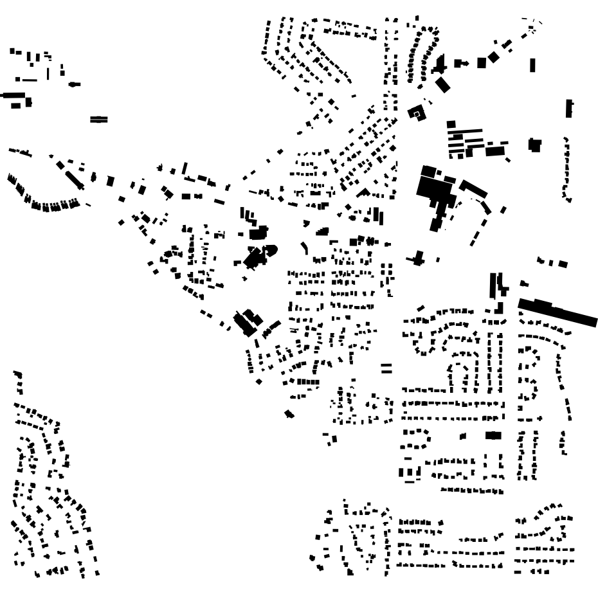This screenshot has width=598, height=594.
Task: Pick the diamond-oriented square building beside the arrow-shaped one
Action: tap(493, 57)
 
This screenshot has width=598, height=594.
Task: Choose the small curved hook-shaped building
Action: tap(305, 247)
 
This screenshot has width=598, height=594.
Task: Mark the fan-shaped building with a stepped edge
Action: tap(322, 231)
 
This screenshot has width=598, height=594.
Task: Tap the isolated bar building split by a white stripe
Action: tap(99, 119)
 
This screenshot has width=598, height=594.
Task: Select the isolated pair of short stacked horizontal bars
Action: tap(386, 368)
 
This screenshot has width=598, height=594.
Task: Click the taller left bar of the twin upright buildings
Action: tap(494, 285)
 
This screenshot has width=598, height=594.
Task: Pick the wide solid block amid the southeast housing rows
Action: tap(493, 435)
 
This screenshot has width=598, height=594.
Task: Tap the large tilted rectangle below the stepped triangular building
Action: tap(443, 84)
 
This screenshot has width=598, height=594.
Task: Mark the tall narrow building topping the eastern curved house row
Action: tap(569, 108)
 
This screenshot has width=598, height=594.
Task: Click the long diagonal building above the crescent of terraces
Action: tap(72, 175)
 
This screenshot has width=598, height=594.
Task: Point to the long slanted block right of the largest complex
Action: tap(473, 189)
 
